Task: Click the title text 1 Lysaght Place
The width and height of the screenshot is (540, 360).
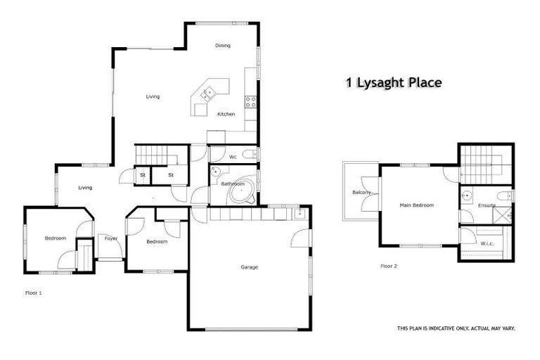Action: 393,82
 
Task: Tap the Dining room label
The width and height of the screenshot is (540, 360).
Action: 223,46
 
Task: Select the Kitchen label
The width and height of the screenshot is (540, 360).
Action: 226,114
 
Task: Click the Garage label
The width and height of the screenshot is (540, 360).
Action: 249,267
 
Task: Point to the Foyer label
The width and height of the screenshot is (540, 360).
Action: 111,238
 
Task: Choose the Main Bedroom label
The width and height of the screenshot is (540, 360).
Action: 417,205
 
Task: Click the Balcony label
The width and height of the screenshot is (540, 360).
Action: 361,192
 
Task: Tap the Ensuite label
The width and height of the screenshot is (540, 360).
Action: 487,205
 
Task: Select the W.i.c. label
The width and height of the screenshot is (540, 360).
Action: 487,243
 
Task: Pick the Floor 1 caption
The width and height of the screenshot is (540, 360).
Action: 33,292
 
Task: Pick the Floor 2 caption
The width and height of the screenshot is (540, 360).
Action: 389,266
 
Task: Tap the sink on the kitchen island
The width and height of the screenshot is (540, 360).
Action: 209,92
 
